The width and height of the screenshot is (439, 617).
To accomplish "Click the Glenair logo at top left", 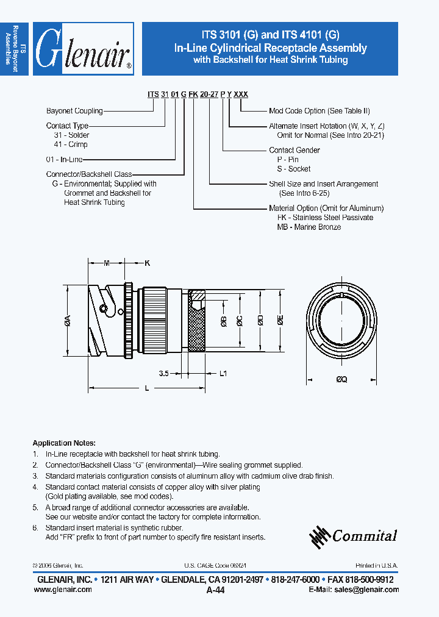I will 83,49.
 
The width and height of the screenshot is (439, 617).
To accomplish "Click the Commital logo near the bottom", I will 354,535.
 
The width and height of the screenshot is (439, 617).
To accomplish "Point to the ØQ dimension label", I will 341,379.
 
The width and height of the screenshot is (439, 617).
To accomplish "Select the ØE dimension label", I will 280,322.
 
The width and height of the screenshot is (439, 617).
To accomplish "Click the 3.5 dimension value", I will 163,373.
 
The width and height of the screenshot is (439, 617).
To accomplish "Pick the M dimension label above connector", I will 106,263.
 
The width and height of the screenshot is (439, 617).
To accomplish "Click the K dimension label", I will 146,263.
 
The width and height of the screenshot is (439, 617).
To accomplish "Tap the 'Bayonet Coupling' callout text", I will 74,111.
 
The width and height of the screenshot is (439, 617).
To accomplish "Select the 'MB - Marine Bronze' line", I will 309,227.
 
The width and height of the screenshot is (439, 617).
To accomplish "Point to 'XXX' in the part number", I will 241,95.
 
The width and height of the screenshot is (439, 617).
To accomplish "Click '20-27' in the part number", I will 209,95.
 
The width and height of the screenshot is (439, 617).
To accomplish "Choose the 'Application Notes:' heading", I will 63,443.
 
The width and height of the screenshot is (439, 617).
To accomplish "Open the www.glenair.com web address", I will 62,590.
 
